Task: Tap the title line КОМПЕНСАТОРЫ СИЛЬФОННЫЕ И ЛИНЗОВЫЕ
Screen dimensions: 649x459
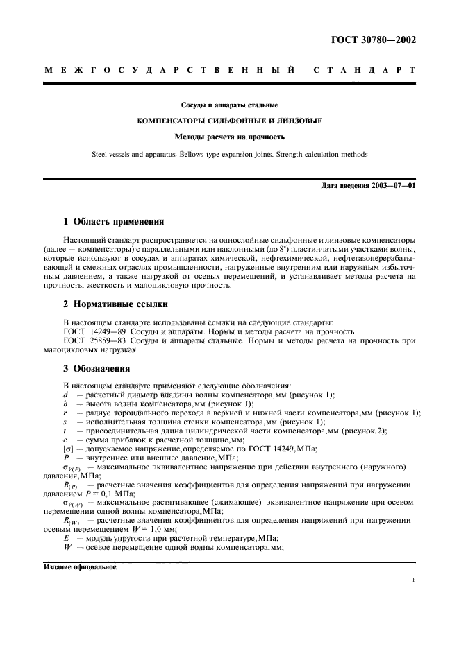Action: (x=229, y=121)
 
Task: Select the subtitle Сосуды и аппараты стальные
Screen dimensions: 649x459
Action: (x=229, y=105)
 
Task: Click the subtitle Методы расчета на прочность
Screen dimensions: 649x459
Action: (x=229, y=137)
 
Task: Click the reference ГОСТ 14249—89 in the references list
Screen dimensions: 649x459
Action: (x=94, y=331)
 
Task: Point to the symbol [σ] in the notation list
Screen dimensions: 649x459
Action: (x=68, y=449)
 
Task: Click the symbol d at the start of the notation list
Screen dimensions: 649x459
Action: (x=65, y=395)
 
